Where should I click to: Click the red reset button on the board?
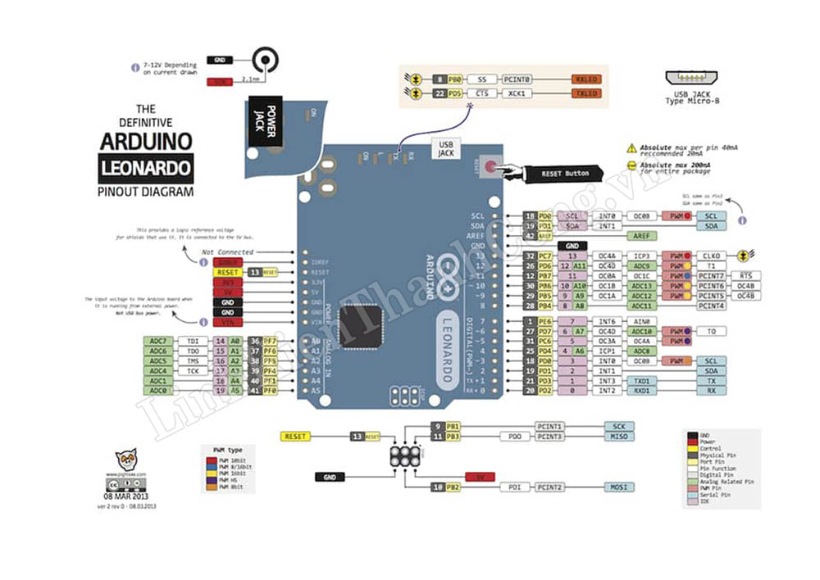point(490,167)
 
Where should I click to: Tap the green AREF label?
point(642,235)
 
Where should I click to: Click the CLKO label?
point(711,256)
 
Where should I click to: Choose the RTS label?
point(745,275)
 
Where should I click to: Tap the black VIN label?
point(227,323)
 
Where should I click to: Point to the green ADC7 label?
point(158,341)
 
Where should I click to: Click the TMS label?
point(193,361)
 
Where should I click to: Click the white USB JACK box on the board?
point(446,148)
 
